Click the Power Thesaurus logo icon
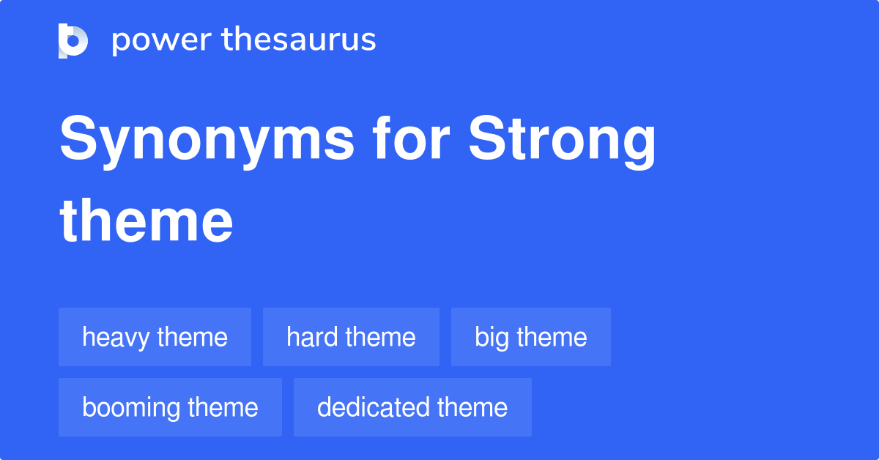click(73, 40)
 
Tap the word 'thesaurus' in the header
click(299, 40)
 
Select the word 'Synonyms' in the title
click(207, 141)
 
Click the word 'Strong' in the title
click(562, 141)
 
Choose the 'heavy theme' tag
click(155, 337)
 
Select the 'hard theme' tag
click(351, 337)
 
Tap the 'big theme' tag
click(530, 337)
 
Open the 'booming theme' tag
click(170, 407)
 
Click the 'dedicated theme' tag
click(412, 407)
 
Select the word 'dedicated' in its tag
click(374, 407)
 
